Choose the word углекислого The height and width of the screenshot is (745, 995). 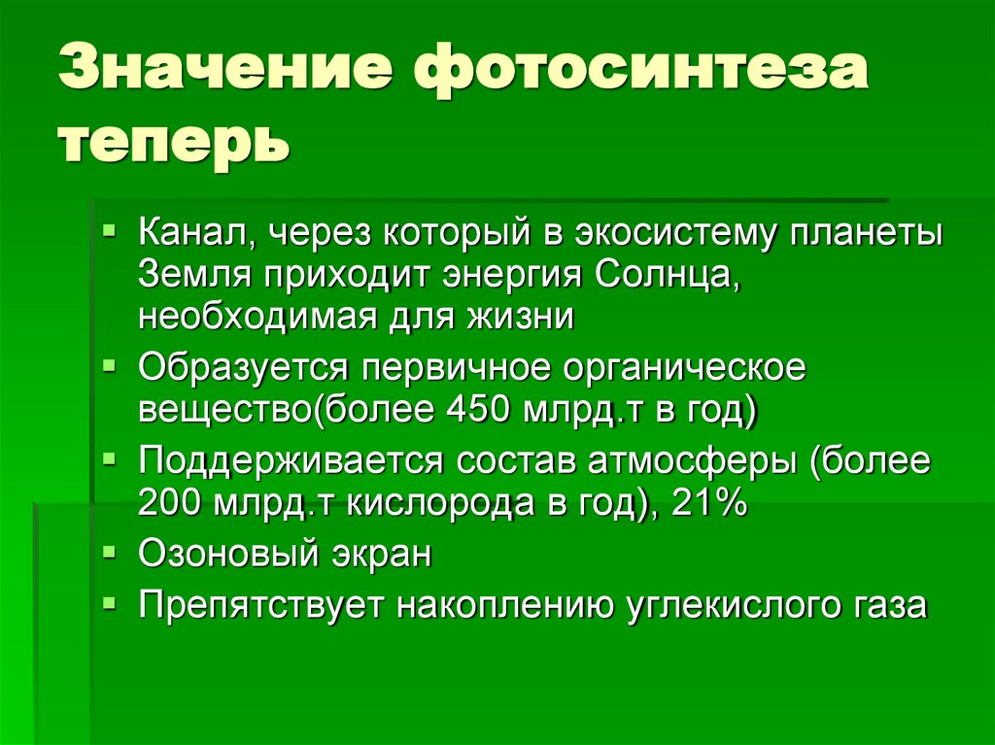(x=736, y=604)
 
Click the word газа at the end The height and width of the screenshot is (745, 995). (x=891, y=604)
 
